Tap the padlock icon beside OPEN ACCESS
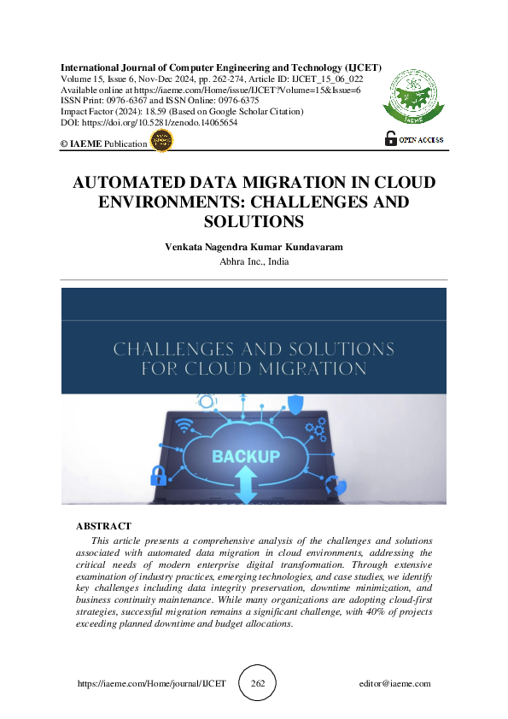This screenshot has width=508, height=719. pos(391,139)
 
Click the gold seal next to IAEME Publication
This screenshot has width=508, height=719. pos(161,142)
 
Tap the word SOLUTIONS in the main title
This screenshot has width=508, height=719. pos(254,222)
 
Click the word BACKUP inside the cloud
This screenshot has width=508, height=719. pos(246,456)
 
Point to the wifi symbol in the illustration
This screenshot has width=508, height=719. pos(184,425)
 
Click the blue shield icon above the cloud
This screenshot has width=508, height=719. pos(295,402)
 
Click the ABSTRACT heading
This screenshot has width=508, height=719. pos(103,527)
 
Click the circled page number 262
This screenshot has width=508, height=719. pos(257,684)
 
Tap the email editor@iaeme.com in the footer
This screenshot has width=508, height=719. pos(394,684)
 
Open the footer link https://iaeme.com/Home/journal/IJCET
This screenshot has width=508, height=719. pos(151,684)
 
